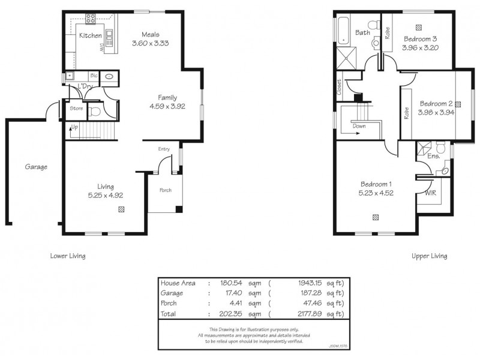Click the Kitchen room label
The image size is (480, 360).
click(x=91, y=36)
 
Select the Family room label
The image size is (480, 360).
click(x=168, y=97)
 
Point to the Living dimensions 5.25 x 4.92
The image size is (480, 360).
click(x=106, y=195)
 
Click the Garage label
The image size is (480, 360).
click(x=36, y=167)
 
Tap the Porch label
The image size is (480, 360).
click(x=165, y=190)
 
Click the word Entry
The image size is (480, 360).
click(x=164, y=149)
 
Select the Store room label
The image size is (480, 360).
click(x=76, y=109)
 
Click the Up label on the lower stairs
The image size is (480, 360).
click(x=74, y=127)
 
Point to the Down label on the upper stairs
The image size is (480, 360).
click(x=359, y=127)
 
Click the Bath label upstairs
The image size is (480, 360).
click(x=362, y=32)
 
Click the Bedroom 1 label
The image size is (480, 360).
click(x=376, y=184)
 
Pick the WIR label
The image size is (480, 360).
click(x=430, y=193)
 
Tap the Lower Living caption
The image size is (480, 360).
click(x=67, y=256)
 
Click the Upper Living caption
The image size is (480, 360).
click(x=429, y=256)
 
